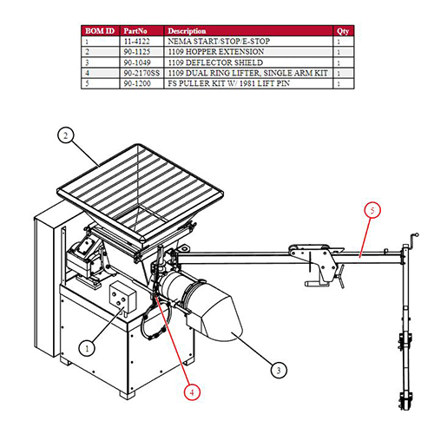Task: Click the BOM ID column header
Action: point(100,31)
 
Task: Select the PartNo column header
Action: point(135,31)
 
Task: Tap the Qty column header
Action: point(343,31)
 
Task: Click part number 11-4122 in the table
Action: point(137,42)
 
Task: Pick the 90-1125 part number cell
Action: point(137,52)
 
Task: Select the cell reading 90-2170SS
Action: point(141,73)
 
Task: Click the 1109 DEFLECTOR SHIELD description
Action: point(215,62)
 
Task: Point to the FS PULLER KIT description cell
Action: point(229,83)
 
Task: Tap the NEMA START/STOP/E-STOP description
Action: point(219,42)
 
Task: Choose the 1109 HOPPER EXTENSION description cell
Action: point(216,52)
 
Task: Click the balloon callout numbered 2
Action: point(66,135)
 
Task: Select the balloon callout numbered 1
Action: point(87,348)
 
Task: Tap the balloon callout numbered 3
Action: point(279,371)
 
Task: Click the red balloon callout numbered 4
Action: point(192,392)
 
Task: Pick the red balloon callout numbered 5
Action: point(372,210)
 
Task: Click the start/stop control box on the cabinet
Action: point(122,296)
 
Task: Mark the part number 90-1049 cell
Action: point(137,62)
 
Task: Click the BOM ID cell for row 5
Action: point(87,83)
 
